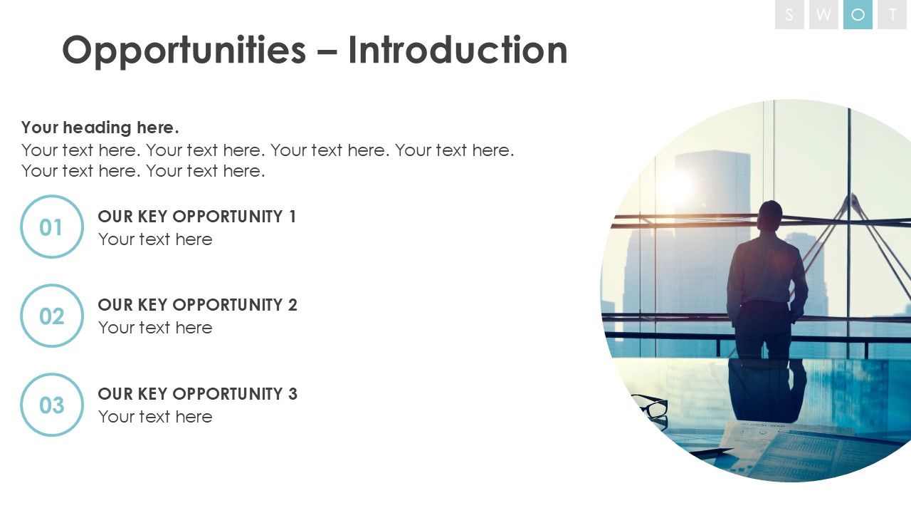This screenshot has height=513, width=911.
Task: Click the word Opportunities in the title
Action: [184, 51]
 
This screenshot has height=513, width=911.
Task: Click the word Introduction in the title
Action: [458, 50]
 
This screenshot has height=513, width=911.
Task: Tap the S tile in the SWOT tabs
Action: [789, 15]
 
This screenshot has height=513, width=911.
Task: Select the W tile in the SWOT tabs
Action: [823, 15]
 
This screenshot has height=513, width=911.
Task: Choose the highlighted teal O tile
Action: [858, 15]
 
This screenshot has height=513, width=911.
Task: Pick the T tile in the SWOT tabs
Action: [893, 15]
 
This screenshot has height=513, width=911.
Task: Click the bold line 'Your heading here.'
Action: [100, 128]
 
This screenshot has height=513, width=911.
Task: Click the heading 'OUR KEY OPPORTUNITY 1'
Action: [197, 217]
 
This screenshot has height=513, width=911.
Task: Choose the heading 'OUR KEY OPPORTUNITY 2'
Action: [198, 305]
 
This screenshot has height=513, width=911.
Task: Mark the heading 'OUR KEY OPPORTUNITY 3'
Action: [198, 394]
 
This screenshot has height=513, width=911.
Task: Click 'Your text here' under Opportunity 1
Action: [155, 239]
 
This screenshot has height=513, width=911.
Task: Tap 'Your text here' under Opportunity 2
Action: [155, 328]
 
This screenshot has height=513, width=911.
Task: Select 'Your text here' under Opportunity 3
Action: [155, 417]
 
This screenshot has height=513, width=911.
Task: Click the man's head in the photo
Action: [770, 216]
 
